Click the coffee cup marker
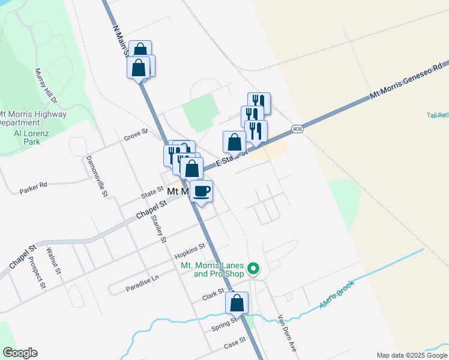coord(202,191)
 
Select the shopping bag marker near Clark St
coord(237,303)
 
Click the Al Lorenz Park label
coord(27,137)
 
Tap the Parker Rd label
coord(33,186)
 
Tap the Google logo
coord(20,353)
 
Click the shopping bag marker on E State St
coord(234,142)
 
